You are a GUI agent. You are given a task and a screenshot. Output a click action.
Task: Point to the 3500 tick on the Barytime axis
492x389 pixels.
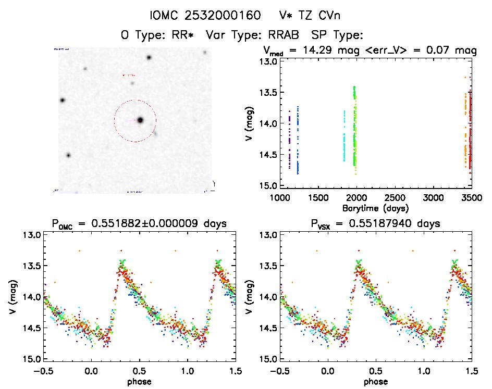click(472, 198)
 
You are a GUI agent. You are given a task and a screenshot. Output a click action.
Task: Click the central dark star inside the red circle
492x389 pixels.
click(140, 120)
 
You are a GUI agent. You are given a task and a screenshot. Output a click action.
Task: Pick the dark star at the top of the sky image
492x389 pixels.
click(149, 57)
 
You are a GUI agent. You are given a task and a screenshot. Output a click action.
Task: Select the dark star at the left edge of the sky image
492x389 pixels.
click(63, 100)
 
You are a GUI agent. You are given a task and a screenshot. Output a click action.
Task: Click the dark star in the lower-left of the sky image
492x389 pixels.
click(68, 155)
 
